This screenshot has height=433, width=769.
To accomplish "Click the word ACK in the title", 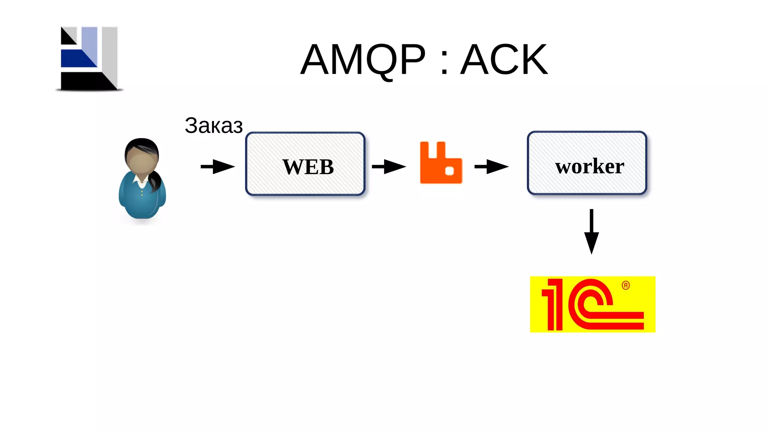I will (x=504, y=59).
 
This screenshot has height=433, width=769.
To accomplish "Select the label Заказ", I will (x=214, y=125).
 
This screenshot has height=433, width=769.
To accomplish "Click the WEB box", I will (x=305, y=164).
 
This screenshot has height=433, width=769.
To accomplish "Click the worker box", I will (x=587, y=163).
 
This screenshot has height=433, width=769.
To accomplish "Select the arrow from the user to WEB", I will (x=217, y=167).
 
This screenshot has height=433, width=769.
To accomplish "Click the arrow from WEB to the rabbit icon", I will (x=389, y=167).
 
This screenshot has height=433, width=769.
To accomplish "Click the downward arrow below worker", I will (x=591, y=232).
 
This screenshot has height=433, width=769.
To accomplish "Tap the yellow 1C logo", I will (x=593, y=304).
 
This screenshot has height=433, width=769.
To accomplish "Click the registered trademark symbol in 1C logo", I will (x=626, y=285).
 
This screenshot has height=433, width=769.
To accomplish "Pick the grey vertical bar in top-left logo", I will (x=110, y=53).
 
